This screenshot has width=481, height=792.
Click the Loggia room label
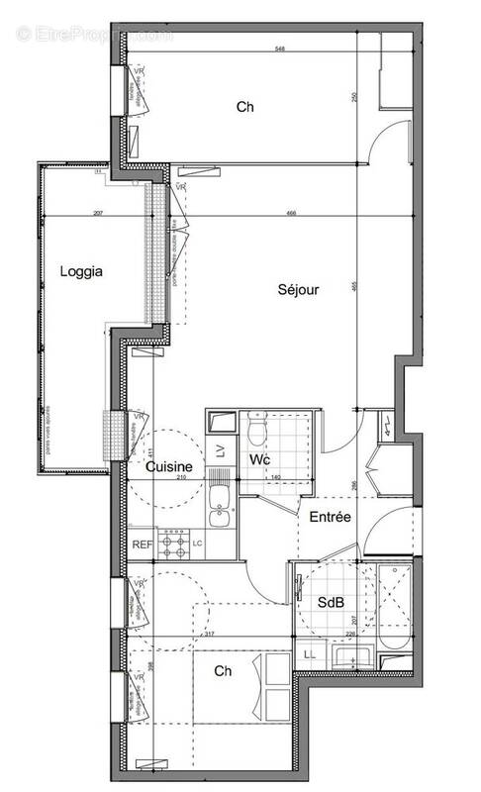click(81, 271)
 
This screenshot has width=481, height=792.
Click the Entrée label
click(329, 517)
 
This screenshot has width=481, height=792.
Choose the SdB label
click(329, 602)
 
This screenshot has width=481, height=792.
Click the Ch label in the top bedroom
click(244, 107)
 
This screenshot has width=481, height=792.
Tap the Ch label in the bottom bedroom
click(223, 670)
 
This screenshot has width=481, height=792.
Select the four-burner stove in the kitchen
click(175, 542)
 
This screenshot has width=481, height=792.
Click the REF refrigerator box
click(143, 543)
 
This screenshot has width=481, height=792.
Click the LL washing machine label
click(309, 655)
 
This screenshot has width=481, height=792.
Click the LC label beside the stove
click(198, 543)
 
